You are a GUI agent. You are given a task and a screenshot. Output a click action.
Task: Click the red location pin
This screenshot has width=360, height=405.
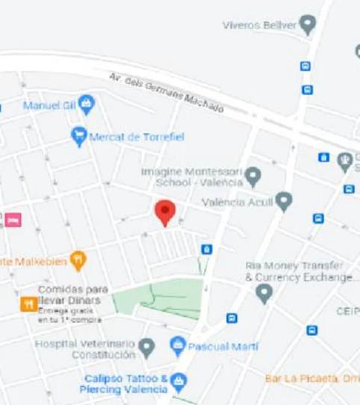click(165, 211)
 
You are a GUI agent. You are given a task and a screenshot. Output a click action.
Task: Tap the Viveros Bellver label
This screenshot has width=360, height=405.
click(258, 25)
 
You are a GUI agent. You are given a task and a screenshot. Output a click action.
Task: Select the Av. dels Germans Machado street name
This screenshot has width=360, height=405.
click(166, 92)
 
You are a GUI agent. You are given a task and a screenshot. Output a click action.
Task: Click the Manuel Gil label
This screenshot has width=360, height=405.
click(49, 105)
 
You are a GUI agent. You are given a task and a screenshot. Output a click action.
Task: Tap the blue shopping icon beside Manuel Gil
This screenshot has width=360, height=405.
click(87, 105)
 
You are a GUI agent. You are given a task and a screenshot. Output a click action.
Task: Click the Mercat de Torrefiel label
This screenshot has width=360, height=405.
click(136, 137)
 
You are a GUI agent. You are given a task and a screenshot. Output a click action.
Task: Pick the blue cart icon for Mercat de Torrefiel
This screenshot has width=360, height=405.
click(79, 136)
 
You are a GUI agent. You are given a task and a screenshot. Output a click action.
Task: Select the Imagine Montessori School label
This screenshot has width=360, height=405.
click(192, 176)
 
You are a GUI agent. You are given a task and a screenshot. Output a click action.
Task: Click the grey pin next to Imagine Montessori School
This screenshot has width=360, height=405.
click(253, 177)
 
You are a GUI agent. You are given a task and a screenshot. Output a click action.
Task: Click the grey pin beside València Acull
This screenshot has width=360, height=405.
click(283, 201)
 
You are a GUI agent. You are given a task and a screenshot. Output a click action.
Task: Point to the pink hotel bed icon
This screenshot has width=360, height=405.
click(13, 220)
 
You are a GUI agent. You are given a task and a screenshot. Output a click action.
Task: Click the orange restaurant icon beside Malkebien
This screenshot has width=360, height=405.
click(78, 260)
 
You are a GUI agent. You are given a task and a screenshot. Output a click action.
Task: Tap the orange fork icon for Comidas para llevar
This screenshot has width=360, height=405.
click(28, 303)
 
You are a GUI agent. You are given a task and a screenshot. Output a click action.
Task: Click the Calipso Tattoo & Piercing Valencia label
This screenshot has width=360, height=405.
click(125, 384)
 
